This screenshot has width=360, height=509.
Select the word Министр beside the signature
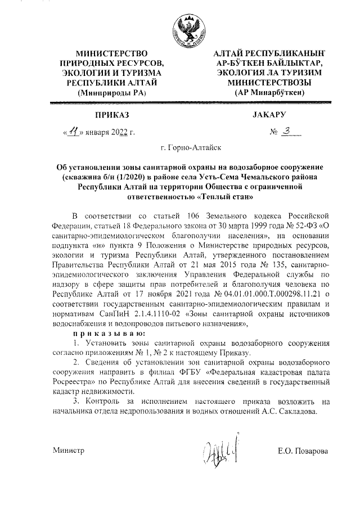(x=69, y=451)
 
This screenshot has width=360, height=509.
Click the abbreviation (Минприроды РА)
(x=111, y=92)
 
